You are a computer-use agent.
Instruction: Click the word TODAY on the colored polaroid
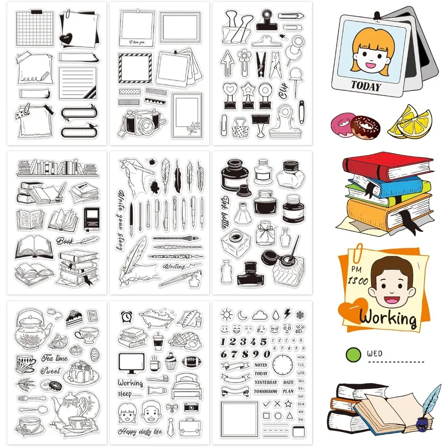[x=365, y=85]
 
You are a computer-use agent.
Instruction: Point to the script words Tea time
[x=55, y=358]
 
